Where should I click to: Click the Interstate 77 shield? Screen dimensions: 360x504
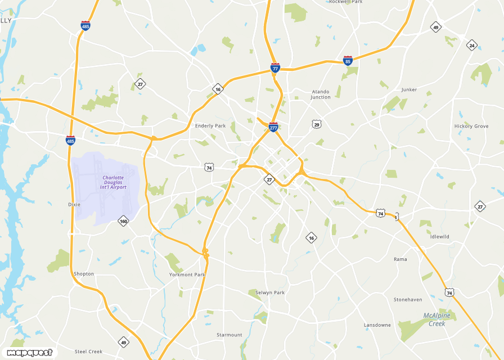(275, 68)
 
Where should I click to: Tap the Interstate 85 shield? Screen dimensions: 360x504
(348, 60)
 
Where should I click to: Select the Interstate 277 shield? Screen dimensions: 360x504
(273, 128)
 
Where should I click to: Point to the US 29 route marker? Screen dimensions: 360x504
(317, 124)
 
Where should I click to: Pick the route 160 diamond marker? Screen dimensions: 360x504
(124, 221)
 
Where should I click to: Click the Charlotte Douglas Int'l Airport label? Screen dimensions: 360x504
(113, 183)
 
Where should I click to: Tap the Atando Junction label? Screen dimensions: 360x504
(321, 94)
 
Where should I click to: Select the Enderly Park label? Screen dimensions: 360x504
(210, 126)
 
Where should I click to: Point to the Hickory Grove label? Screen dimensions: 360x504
(471, 127)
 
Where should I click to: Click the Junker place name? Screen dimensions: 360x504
(409, 90)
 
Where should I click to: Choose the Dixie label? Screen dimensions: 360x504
(74, 205)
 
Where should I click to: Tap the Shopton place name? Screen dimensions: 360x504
(84, 274)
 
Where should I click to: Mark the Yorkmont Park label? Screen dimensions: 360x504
(187, 275)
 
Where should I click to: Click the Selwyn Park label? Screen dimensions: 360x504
(270, 293)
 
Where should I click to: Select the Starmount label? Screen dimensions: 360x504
(229, 335)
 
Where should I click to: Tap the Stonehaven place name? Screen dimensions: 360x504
(408, 300)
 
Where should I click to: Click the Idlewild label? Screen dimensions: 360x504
(439, 237)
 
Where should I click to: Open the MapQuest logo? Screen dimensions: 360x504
(29, 353)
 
